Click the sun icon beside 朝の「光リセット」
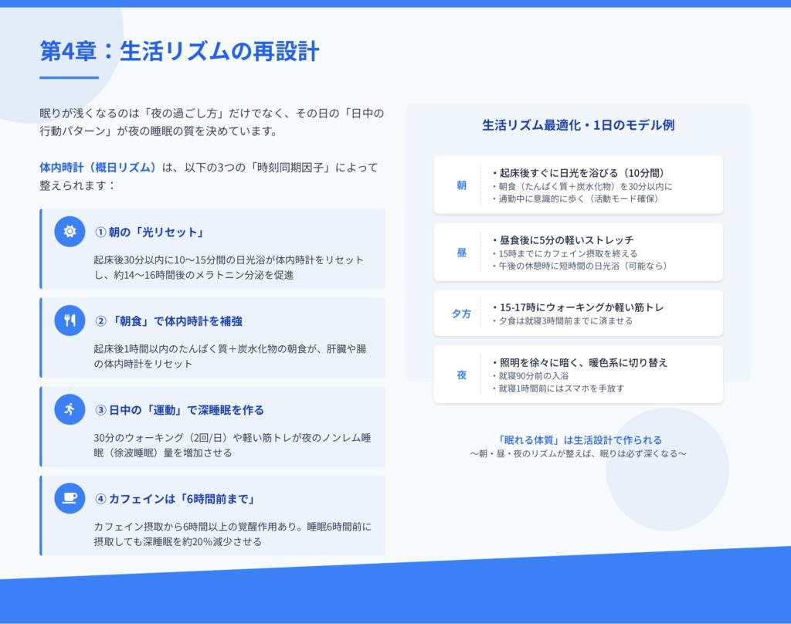coord(70,231)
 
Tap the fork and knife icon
coord(70,320)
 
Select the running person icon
coord(70,409)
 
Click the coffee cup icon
coord(70,498)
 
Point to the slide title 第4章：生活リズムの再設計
coord(179,51)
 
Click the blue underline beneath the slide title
coord(69,78)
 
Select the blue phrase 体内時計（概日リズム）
coord(98,168)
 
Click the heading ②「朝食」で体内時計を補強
coord(169,321)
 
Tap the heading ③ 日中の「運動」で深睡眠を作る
coord(179,410)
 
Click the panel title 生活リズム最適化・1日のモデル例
coord(578,125)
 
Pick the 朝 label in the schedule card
coord(462,185)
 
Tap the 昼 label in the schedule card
coord(462,253)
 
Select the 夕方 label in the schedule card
coord(462,314)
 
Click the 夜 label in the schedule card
coord(462,375)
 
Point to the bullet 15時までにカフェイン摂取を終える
coord(565,253)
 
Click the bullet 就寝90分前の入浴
coord(531,376)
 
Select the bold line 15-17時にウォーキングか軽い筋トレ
coord(578,307)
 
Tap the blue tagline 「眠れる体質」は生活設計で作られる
coord(579,440)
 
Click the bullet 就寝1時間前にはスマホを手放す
coord(558,388)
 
